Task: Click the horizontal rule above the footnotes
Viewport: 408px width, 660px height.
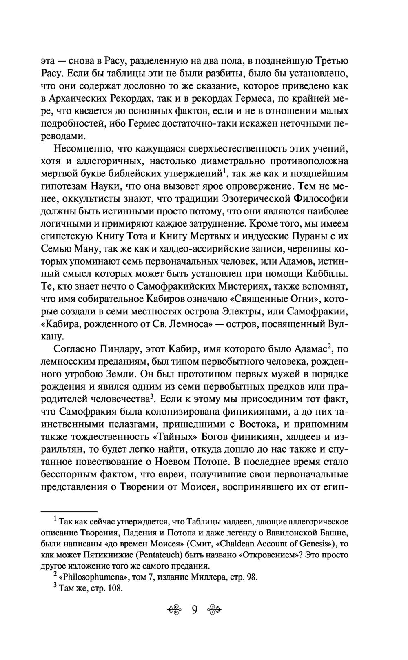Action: [x=69, y=511]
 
